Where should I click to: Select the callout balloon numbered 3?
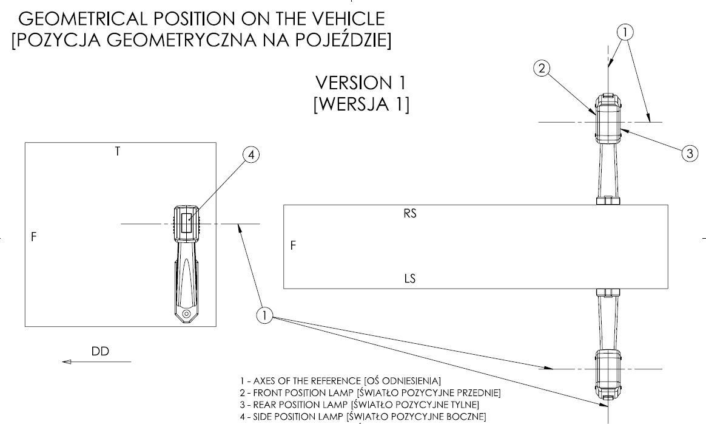point(689,154)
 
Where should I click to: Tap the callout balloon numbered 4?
point(250,156)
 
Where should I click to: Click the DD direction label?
point(100,351)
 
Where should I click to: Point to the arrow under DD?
point(97,362)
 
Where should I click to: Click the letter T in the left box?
point(117,151)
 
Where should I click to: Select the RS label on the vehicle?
point(410,214)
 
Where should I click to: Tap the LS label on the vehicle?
point(410,279)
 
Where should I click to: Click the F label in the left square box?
point(35,238)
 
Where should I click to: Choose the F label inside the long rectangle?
point(294,246)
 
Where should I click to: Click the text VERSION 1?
point(360,83)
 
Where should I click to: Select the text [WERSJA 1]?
point(360,104)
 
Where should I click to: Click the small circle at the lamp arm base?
point(187,313)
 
